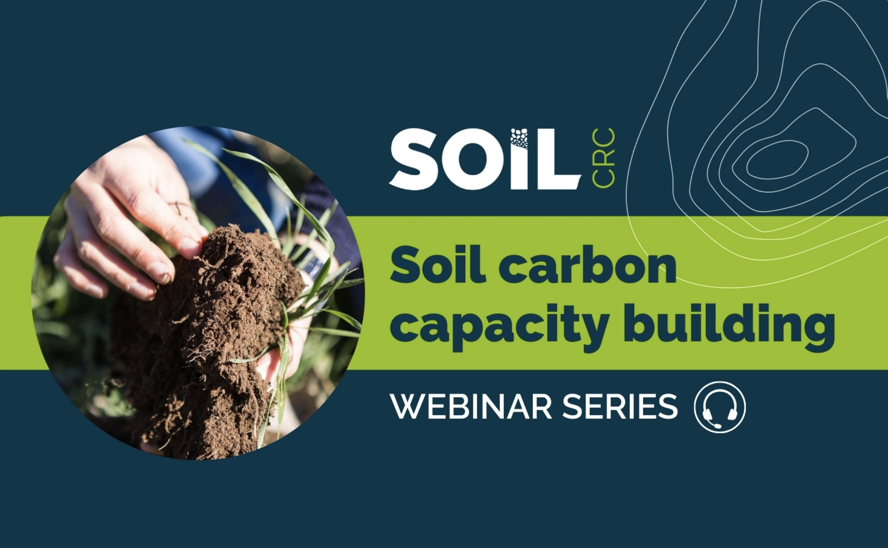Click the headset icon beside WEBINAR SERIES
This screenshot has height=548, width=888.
(720, 407)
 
